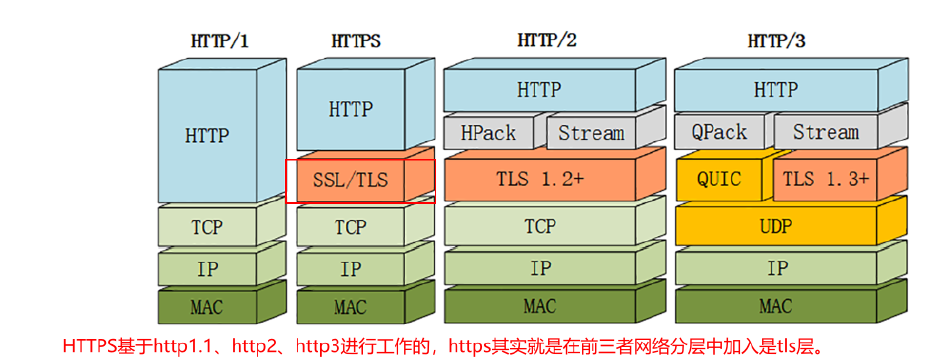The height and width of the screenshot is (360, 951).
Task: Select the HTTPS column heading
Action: pyautogui.click(x=355, y=41)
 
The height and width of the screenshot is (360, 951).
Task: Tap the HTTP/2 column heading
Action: pyautogui.click(x=546, y=41)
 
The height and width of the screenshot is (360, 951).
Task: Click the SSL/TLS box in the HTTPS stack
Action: pyautogui.click(x=350, y=181)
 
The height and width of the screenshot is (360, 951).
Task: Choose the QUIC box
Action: pyautogui.click(x=719, y=180)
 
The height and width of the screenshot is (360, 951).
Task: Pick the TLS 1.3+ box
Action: pyautogui.click(x=826, y=180)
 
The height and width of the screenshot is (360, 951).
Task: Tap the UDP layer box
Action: pyautogui.click(x=776, y=227)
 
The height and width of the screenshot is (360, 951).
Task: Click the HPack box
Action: pyautogui.click(x=488, y=133)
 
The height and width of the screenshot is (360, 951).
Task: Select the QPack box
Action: pyautogui.click(x=719, y=133)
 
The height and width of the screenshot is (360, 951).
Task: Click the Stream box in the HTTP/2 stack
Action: pyautogui.click(x=590, y=133)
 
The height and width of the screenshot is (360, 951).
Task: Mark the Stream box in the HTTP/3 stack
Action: pyautogui.click(x=826, y=133)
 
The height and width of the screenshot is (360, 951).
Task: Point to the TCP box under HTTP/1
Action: pyautogui.click(x=207, y=228)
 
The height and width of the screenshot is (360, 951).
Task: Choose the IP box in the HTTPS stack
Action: pyautogui.click(x=350, y=269)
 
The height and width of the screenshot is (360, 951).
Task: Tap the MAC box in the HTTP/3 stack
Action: pyautogui.click(x=776, y=306)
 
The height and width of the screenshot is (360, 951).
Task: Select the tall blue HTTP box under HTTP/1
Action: pyautogui.click(x=207, y=135)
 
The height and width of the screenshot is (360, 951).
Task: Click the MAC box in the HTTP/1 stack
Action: pyautogui.click(x=207, y=306)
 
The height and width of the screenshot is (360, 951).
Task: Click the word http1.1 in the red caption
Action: pyautogui.click(x=181, y=347)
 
